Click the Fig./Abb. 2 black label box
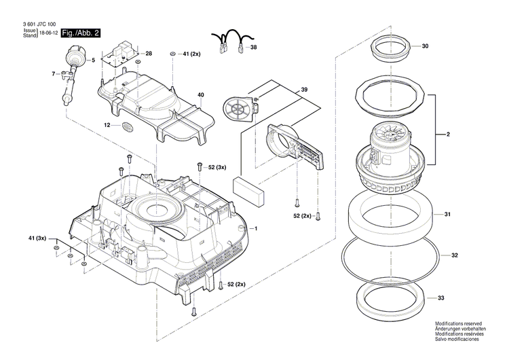tap(80, 33)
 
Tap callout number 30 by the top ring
tap(425, 47)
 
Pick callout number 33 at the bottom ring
tap(441, 298)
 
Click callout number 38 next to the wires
tap(253, 48)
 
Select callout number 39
tap(305, 90)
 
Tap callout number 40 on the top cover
tap(200, 94)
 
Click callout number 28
tap(149, 53)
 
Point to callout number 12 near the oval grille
tap(107, 126)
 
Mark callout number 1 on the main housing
tap(256, 228)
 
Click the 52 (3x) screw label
tap(216, 166)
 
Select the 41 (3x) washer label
tap(37, 238)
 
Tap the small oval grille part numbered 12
tap(127, 126)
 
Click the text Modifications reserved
tap(458, 325)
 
